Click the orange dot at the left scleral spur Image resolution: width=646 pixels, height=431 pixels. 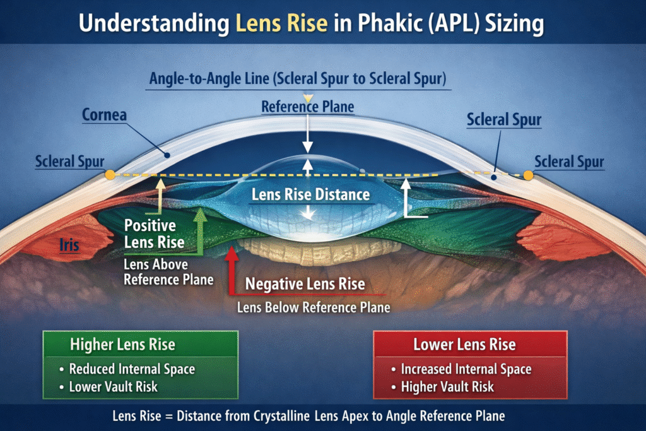tap(110, 174)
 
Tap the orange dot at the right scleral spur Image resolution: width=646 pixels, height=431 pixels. tap(529, 175)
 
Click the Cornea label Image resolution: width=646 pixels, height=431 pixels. tap(104, 116)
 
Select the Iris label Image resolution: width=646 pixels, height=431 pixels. tap(69, 244)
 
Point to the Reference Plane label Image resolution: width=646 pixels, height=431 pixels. tap(308, 107)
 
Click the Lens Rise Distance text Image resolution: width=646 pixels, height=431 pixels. tap(310, 194)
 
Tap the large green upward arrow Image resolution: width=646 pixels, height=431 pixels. tap(201, 230)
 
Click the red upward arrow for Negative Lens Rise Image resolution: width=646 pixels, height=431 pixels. tap(232, 268)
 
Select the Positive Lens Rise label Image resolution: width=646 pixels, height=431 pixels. tap(154, 233)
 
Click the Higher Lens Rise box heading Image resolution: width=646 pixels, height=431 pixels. tap(122, 345)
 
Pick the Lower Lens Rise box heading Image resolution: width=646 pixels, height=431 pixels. tap(464, 345)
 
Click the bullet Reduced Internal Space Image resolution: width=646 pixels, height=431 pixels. tap(132, 369)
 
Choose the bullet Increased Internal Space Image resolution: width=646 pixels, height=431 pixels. tap(466, 369)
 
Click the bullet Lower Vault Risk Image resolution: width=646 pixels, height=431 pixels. tap(113, 386)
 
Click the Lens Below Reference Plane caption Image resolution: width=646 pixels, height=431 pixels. tap(314, 308)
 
